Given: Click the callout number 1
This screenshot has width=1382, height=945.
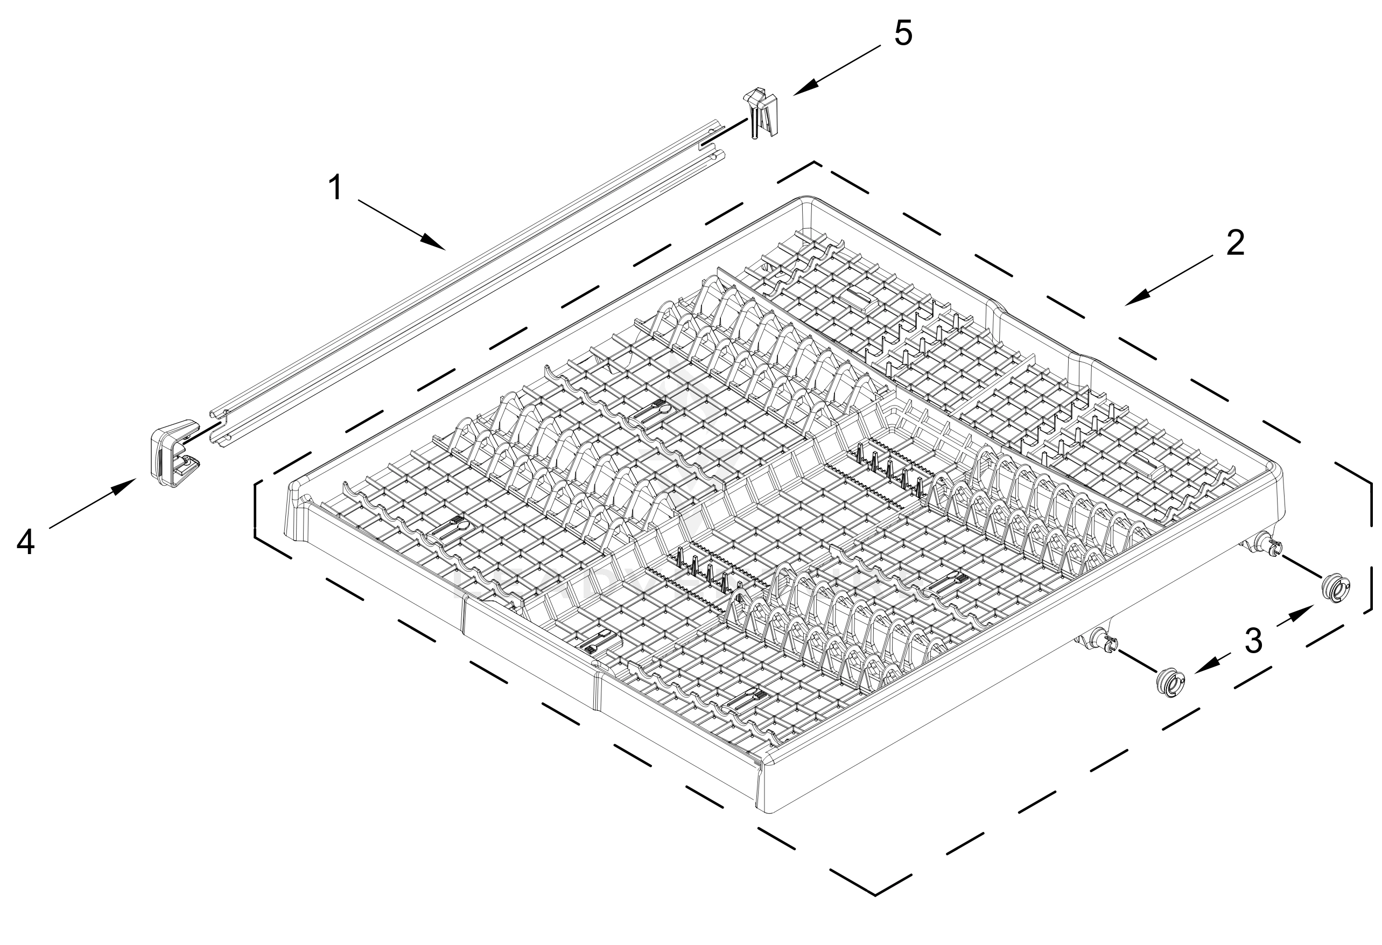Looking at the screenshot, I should (336, 188).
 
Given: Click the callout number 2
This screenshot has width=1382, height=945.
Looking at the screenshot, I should (1235, 243).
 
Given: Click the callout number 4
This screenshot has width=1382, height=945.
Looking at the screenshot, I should (25, 542).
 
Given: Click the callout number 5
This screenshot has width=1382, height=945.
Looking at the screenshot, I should (903, 33).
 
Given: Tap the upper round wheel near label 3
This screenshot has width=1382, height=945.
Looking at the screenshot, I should (1335, 589).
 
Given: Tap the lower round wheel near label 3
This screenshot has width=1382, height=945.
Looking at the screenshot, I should (1170, 682).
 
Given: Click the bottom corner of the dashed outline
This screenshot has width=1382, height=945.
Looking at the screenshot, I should (875, 894).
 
